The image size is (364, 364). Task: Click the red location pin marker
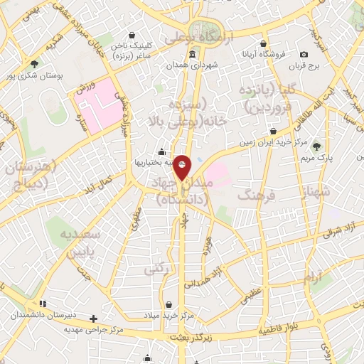coord(182,166)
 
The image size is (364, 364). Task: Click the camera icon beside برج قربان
coord(304,55)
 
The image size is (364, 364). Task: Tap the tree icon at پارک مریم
coord(316,146)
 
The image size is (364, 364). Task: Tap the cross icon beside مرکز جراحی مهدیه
coord(92,318)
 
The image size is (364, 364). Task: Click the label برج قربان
coord(304,66)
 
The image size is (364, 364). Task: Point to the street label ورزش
coord(85,88)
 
